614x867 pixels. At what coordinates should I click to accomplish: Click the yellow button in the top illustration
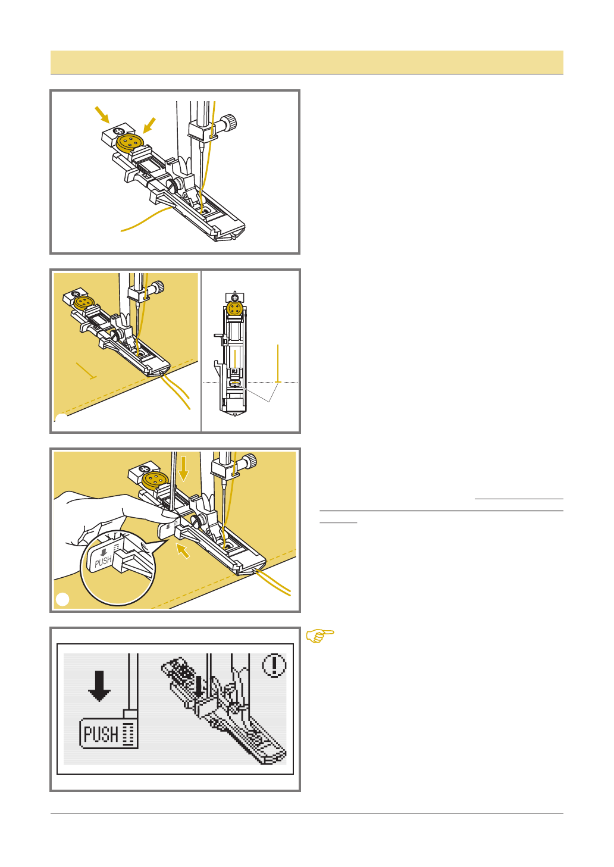(130, 143)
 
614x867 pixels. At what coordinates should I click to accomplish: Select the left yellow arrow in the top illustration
(102, 115)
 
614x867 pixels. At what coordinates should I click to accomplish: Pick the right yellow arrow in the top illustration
(149, 126)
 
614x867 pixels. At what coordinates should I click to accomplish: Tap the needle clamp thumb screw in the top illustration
(228, 122)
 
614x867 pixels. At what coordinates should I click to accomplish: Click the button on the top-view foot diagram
(234, 308)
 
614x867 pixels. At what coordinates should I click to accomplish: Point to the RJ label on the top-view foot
(234, 371)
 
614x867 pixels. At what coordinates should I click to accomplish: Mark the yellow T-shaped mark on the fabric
(86, 371)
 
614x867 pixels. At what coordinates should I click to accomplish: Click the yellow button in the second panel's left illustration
(84, 302)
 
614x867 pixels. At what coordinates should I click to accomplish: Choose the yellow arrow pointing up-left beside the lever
(183, 550)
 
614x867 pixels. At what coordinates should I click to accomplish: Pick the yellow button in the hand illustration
(155, 480)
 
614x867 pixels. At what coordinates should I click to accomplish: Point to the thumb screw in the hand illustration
(249, 461)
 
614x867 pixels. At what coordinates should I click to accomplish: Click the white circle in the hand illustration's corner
(62, 599)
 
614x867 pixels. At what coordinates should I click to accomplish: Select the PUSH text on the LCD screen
(101, 734)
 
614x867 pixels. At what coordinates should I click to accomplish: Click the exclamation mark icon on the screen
(274, 665)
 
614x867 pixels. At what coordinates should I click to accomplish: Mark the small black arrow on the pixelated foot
(199, 687)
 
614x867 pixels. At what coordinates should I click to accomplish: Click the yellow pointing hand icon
(320, 636)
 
